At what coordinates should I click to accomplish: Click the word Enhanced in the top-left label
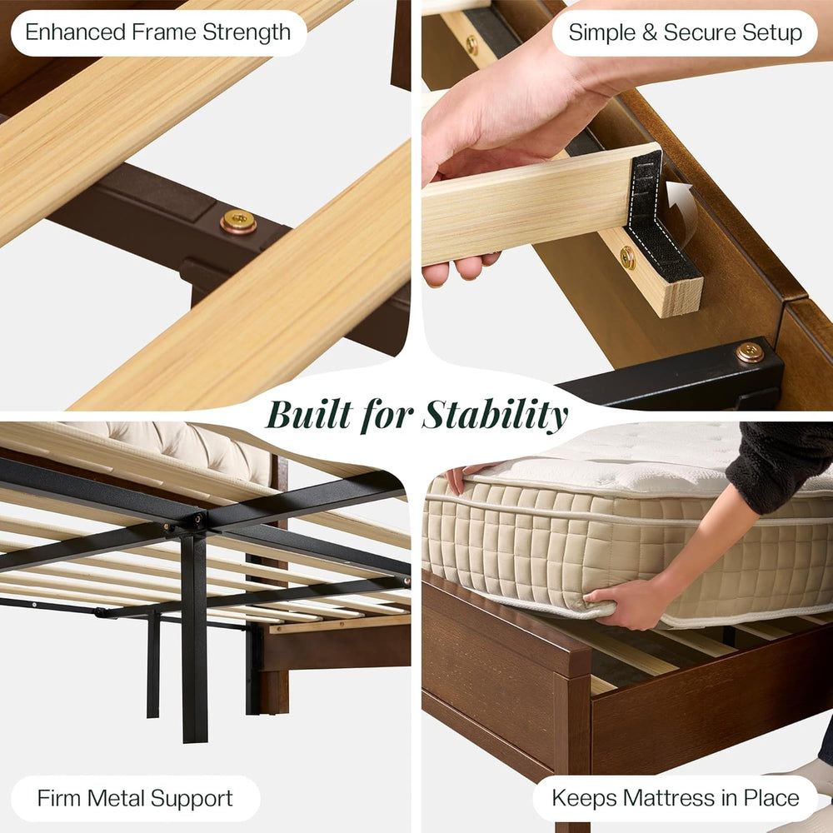75,32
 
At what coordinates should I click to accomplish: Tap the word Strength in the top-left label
247,33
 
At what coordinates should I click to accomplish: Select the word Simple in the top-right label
602,33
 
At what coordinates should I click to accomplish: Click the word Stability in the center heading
495,416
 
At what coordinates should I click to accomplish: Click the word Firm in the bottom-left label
59,798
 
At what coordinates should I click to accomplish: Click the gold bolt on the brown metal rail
238,222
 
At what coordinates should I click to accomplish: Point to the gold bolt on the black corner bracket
751,352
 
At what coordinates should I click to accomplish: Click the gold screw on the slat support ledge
627,257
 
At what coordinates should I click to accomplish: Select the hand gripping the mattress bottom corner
621,603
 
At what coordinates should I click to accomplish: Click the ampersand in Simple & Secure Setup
649,32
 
